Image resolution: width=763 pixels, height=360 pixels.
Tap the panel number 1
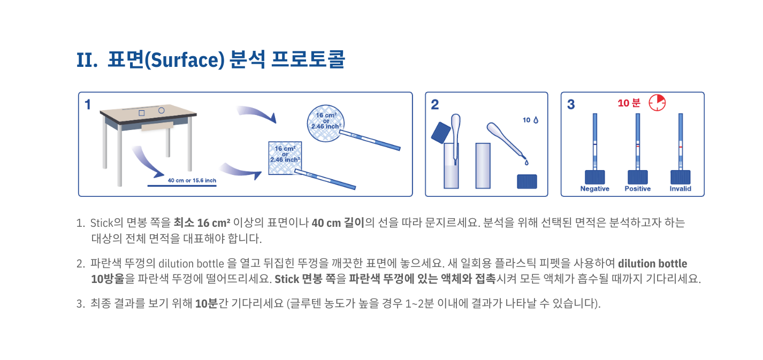pos(88,104)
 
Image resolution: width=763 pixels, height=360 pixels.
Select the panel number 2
pos(434,104)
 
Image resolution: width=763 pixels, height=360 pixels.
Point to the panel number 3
pos(571,104)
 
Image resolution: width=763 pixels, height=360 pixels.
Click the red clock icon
pos(657,103)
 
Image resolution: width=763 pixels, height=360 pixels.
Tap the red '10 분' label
pos(629,103)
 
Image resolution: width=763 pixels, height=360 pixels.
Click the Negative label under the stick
pos(595,189)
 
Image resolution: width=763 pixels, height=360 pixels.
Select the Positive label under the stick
pos(638,189)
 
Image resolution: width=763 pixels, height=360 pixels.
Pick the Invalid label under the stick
pos(680,189)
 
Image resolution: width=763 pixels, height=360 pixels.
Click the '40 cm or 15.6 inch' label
pos(192,180)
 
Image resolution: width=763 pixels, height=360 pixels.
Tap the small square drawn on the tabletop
pos(142,113)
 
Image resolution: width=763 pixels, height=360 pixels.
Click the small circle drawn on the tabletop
pos(162,110)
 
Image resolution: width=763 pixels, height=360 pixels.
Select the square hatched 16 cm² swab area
pos(285,158)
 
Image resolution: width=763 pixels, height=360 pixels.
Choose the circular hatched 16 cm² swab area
pos(326,123)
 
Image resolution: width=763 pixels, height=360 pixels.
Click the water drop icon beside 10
pos(536,120)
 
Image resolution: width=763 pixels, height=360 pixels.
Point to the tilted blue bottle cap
pos(441,132)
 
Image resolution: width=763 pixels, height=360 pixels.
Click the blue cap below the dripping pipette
pos(527,181)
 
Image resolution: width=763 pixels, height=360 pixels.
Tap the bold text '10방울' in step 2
pos(108,279)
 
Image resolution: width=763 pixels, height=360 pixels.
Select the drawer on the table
pos(157,126)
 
